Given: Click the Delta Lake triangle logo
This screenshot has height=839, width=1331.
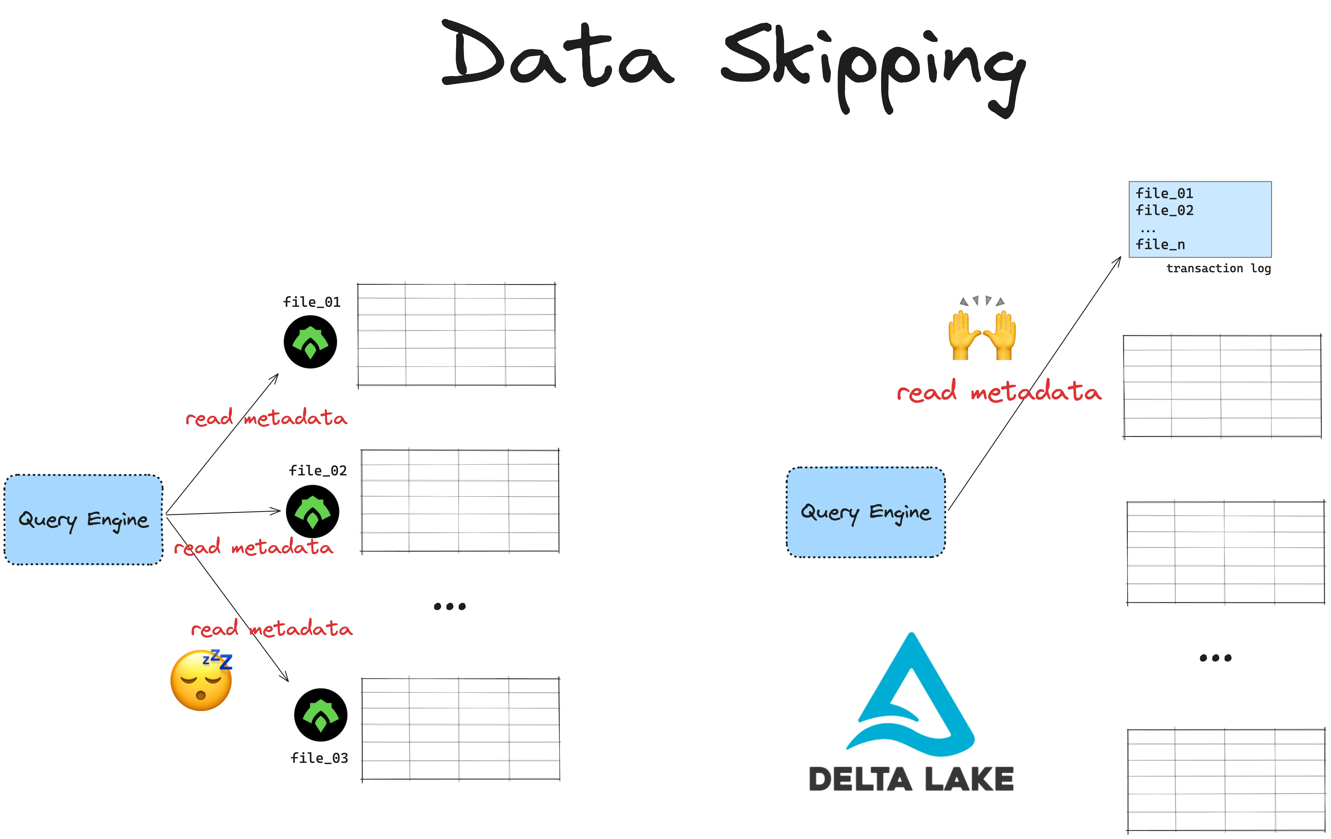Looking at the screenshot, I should pos(911,696).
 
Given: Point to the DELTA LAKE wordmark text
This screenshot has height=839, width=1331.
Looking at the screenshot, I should pos(911,779).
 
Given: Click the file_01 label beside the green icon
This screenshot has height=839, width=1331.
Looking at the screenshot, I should pos(312,302).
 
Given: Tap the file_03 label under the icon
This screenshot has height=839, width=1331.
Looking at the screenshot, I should pos(320,758).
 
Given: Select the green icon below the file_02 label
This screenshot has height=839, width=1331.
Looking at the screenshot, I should pos(312,511).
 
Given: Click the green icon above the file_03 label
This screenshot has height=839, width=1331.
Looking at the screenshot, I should pos(321,715).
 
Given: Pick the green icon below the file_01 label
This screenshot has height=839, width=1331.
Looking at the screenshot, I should pos(310,342).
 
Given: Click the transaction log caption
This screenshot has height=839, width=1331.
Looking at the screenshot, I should pos(1218,269).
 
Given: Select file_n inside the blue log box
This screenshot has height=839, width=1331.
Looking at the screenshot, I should pos(1160,244).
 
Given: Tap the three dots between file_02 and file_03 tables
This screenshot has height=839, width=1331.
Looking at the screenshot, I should pos(449,606).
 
